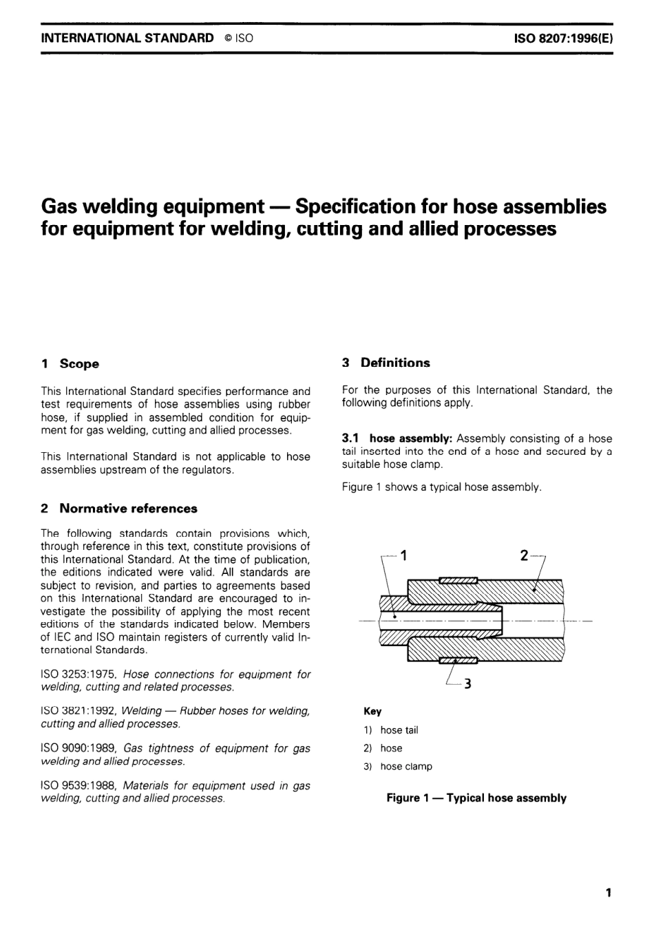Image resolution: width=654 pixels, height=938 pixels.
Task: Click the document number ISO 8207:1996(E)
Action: point(562,38)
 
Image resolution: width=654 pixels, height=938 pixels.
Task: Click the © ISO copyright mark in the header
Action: point(238,38)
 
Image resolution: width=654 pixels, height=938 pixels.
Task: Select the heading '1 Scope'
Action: point(70,364)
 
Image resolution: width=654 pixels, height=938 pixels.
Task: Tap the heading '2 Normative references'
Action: point(119,509)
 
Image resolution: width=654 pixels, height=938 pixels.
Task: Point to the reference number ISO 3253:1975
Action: point(79,674)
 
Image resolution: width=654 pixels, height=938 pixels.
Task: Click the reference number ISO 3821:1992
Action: point(79,711)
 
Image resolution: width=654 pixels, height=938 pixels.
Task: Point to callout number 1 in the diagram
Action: point(403,555)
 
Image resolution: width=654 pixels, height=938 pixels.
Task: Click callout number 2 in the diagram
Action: point(524,555)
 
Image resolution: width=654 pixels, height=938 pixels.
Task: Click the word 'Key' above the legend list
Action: point(372,712)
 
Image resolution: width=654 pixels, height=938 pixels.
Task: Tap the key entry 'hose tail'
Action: point(399,730)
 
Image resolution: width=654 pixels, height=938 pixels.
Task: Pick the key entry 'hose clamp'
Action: point(406,767)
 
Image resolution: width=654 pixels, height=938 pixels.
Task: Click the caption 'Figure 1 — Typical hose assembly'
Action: point(476,798)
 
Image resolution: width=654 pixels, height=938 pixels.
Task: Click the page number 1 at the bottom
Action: point(608,893)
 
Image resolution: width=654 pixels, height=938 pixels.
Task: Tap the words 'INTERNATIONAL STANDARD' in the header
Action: point(127,38)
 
